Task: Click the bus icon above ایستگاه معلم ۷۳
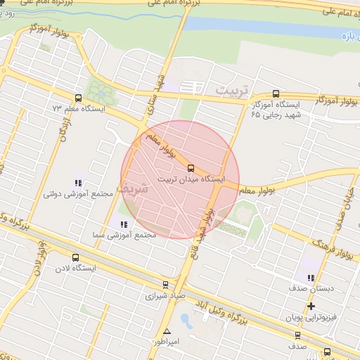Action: click(x=78, y=98)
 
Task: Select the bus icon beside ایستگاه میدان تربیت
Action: click(x=191, y=167)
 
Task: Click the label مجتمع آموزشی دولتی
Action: click(x=78, y=193)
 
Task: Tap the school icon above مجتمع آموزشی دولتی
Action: click(x=78, y=183)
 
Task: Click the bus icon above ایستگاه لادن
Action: click(x=75, y=257)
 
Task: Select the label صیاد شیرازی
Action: click(x=165, y=296)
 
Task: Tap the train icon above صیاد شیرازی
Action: click(x=165, y=285)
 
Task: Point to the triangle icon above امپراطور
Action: click(x=167, y=331)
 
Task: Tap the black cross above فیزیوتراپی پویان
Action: click(x=310, y=307)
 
